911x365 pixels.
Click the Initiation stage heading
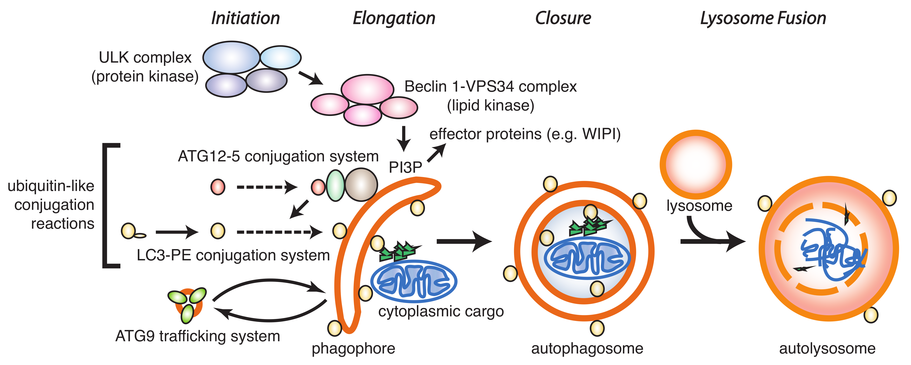point(245,18)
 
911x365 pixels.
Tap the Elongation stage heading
point(394,18)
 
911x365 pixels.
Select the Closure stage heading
point(563,18)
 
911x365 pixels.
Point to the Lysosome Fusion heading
point(763,18)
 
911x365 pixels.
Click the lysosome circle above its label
point(696,164)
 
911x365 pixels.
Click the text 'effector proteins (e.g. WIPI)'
point(525,134)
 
